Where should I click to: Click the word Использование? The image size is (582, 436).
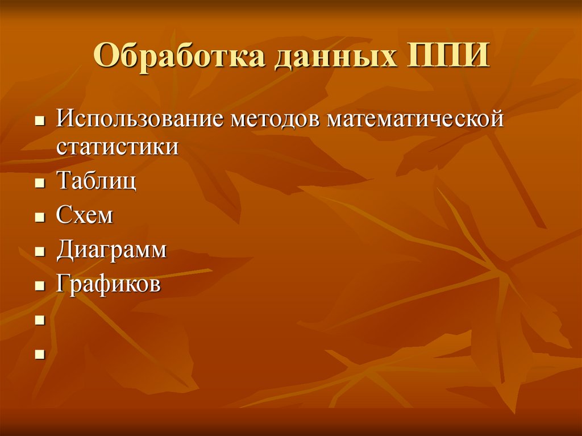[x=139, y=121]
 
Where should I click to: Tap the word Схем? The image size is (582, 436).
[x=85, y=215]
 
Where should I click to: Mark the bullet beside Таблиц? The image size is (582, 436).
[x=40, y=184]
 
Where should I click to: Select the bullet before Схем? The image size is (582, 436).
[x=40, y=218]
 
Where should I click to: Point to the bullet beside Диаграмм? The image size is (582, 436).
[x=40, y=252]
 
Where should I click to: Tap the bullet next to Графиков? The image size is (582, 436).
[x=40, y=285]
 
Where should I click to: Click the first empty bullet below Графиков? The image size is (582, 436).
[x=40, y=320]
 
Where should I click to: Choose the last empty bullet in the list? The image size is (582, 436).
[x=40, y=354]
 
